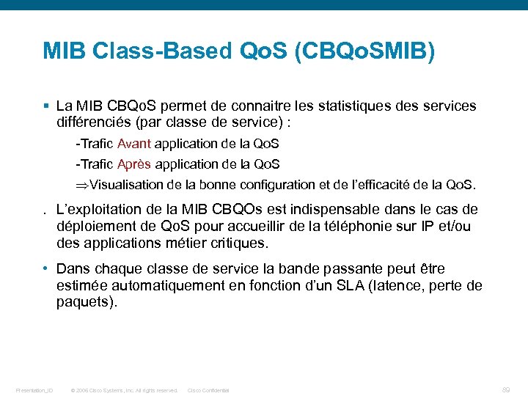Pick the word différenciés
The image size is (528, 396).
pyautogui.click(x=92, y=122)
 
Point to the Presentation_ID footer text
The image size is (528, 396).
pyautogui.click(x=34, y=390)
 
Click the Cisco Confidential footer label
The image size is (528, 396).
pyautogui.click(x=208, y=390)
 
